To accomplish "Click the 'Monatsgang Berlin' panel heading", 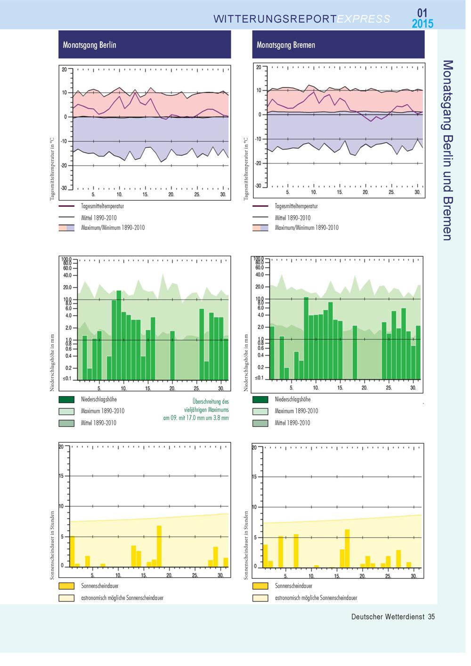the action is point(89,45).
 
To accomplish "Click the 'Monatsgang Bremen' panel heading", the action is point(286,45).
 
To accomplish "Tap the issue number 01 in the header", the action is point(422,13).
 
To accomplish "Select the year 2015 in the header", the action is point(422,24).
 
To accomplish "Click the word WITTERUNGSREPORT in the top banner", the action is point(275,19).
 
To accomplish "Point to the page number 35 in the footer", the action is point(431,617).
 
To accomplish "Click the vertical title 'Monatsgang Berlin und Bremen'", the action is point(447,150).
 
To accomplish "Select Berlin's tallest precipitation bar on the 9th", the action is point(119,335).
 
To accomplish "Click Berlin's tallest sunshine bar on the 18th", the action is point(159,546).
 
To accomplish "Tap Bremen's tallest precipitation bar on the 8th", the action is point(306,338).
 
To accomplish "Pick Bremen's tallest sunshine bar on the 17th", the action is point(347,548).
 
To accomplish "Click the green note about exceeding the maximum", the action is point(196,409).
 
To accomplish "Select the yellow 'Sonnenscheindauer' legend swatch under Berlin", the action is point(66,586).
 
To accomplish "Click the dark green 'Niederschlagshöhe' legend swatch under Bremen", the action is point(260,399).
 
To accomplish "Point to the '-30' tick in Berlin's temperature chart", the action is point(64,188).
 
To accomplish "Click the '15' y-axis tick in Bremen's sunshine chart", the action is point(254,477).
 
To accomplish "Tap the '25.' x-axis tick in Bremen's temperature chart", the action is point(391,192).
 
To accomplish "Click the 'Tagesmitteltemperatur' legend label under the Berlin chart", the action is point(102,206).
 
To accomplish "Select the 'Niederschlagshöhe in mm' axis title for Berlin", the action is point(52,363).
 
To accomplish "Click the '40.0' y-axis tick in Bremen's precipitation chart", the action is point(260,275).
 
